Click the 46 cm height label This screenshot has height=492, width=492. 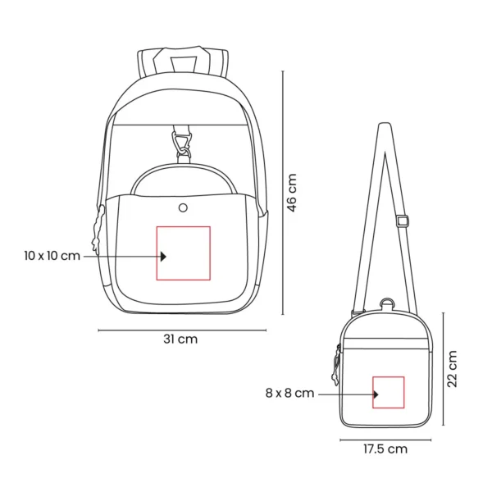point(292,193)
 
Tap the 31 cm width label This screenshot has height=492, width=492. point(181,339)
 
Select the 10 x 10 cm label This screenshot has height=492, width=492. point(52,256)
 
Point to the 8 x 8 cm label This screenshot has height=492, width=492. point(289,394)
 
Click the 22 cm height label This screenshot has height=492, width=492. point(452,369)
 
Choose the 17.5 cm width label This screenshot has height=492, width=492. point(385,449)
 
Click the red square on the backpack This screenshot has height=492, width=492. point(184,253)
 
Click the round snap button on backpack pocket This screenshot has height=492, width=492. point(183,207)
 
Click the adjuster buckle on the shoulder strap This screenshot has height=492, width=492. point(403,220)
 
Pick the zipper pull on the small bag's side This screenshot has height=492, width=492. point(337,364)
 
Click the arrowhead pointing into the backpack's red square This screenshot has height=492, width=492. point(163,256)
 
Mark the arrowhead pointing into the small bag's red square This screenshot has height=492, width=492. point(376,394)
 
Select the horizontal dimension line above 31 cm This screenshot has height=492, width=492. point(181,330)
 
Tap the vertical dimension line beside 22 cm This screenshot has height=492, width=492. point(443,368)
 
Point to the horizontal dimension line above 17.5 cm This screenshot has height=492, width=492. point(385,439)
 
